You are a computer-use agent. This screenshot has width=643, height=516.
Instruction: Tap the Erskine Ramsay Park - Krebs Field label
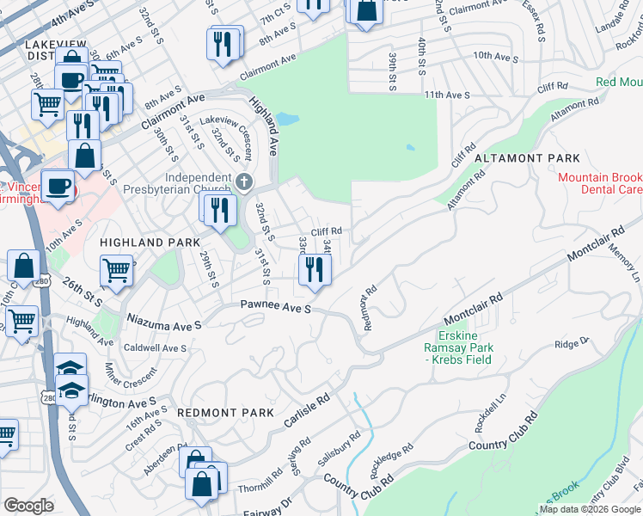tap(465, 347)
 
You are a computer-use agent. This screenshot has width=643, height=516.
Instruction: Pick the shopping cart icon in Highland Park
tap(117, 270)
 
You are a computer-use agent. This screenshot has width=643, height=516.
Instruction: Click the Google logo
tap(28, 506)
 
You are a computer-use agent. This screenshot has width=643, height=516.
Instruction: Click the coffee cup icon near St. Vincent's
tap(58, 187)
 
